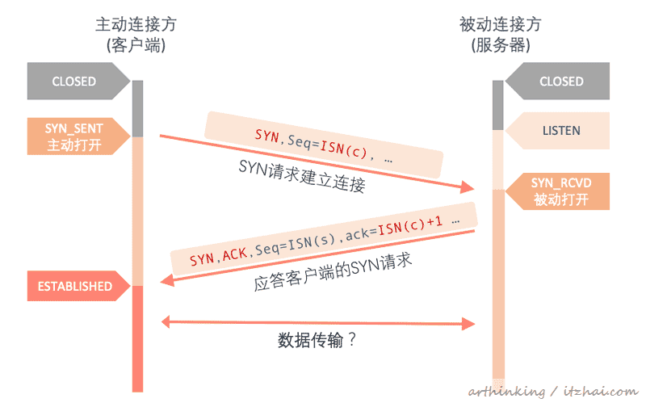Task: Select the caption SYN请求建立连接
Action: (303, 176)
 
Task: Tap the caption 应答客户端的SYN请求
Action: (327, 274)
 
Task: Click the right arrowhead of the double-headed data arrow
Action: (469, 325)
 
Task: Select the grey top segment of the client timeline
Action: (137, 108)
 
